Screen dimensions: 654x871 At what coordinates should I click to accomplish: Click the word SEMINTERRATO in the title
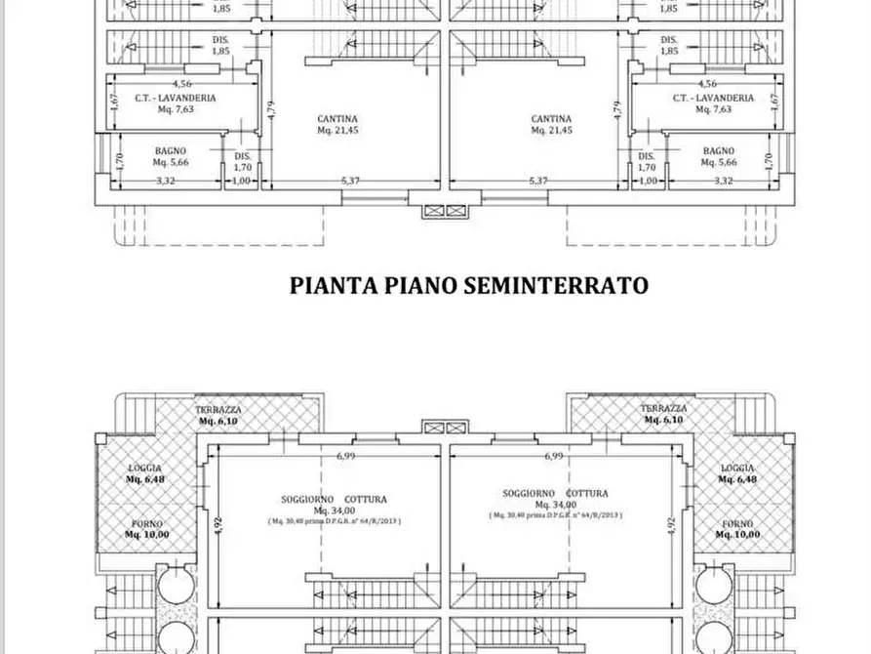[556, 285]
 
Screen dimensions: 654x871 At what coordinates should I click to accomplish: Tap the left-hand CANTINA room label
[337, 119]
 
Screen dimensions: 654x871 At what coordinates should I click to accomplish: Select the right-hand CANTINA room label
[551, 119]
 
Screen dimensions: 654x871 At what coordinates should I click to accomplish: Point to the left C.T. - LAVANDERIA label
[176, 99]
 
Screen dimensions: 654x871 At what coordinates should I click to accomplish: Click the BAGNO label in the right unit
[718, 150]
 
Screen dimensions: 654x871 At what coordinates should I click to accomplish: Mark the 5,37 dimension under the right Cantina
[538, 181]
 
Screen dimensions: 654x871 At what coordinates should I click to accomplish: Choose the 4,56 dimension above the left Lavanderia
[180, 84]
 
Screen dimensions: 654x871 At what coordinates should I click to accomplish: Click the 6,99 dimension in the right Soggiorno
[554, 456]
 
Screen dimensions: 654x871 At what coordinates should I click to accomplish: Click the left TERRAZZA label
[218, 409]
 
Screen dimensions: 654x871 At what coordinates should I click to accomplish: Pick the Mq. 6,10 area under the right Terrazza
[663, 420]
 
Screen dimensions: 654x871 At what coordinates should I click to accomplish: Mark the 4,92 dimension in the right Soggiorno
[671, 522]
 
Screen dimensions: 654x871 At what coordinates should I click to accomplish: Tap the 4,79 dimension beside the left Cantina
[267, 109]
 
